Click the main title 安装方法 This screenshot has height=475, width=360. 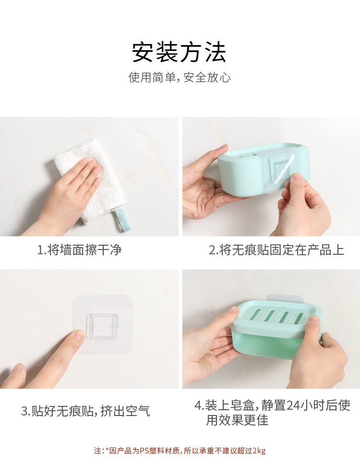pyautogui.click(x=179, y=52)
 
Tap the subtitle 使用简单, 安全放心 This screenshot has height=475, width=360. pyautogui.click(x=179, y=78)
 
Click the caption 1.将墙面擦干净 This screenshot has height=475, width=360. pyautogui.click(x=79, y=250)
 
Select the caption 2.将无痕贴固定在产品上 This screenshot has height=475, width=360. pyautogui.click(x=276, y=250)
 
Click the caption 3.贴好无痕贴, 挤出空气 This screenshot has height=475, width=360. pyautogui.click(x=85, y=411)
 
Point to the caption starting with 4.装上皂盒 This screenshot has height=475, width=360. pyautogui.click(x=272, y=413)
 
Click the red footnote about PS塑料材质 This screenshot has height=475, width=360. pyautogui.click(x=179, y=451)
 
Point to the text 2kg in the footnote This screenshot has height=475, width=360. pyautogui.click(x=259, y=451)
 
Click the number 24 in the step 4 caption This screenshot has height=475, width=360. pyautogui.click(x=293, y=405)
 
